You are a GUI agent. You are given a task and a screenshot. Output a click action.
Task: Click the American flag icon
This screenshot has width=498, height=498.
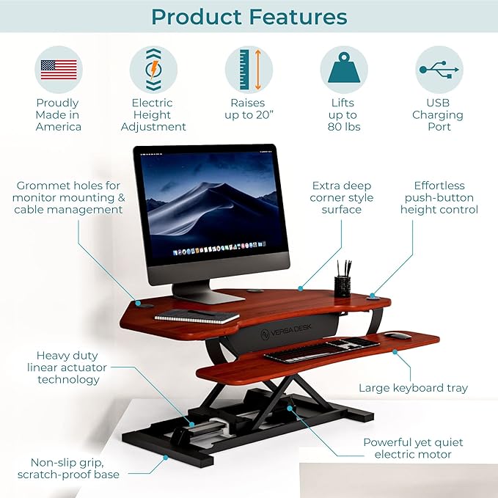59,70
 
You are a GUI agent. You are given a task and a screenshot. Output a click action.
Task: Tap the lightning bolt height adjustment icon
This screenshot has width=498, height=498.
153,70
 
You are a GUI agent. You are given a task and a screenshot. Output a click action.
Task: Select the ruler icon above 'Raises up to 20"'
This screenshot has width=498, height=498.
249,70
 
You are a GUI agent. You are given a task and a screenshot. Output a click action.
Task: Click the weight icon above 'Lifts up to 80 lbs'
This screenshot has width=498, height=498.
343,70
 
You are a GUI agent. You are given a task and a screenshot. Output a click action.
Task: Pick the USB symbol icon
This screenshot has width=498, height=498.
438,70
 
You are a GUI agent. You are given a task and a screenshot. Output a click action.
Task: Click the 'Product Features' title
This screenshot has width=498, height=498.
249,18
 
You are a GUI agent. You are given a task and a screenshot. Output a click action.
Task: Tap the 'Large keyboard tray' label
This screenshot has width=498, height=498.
413,388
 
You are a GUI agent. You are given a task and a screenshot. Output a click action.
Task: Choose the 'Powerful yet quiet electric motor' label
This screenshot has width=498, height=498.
413,448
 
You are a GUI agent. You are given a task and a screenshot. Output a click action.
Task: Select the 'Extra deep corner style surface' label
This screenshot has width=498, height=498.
341,197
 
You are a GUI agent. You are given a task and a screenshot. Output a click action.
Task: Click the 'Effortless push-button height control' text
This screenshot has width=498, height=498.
439,197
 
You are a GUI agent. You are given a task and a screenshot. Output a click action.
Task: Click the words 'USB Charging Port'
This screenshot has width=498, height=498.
437,114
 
